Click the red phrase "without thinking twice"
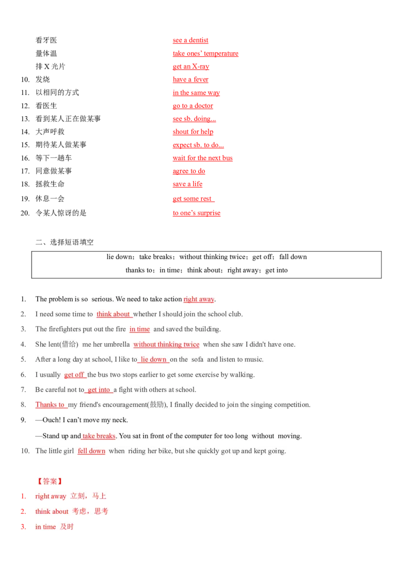[166, 345]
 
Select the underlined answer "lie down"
[153, 360]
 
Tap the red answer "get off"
[74, 375]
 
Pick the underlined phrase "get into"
[98, 390]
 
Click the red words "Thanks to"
[50, 405]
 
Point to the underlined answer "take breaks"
[99, 436]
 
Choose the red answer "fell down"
[91, 451]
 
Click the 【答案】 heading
[50, 481]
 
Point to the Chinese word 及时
[67, 527]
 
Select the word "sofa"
[198, 360]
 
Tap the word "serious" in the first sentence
[99, 299]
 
